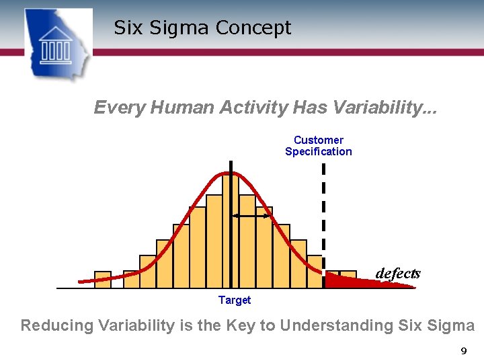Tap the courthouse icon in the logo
56,45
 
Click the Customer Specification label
318,146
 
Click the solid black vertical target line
231,229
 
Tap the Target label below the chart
235,300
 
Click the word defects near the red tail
397,274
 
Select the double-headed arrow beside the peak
251,216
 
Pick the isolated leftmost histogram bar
103,280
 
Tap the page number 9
462,351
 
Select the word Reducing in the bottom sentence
57,326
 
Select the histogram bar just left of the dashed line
315,272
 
